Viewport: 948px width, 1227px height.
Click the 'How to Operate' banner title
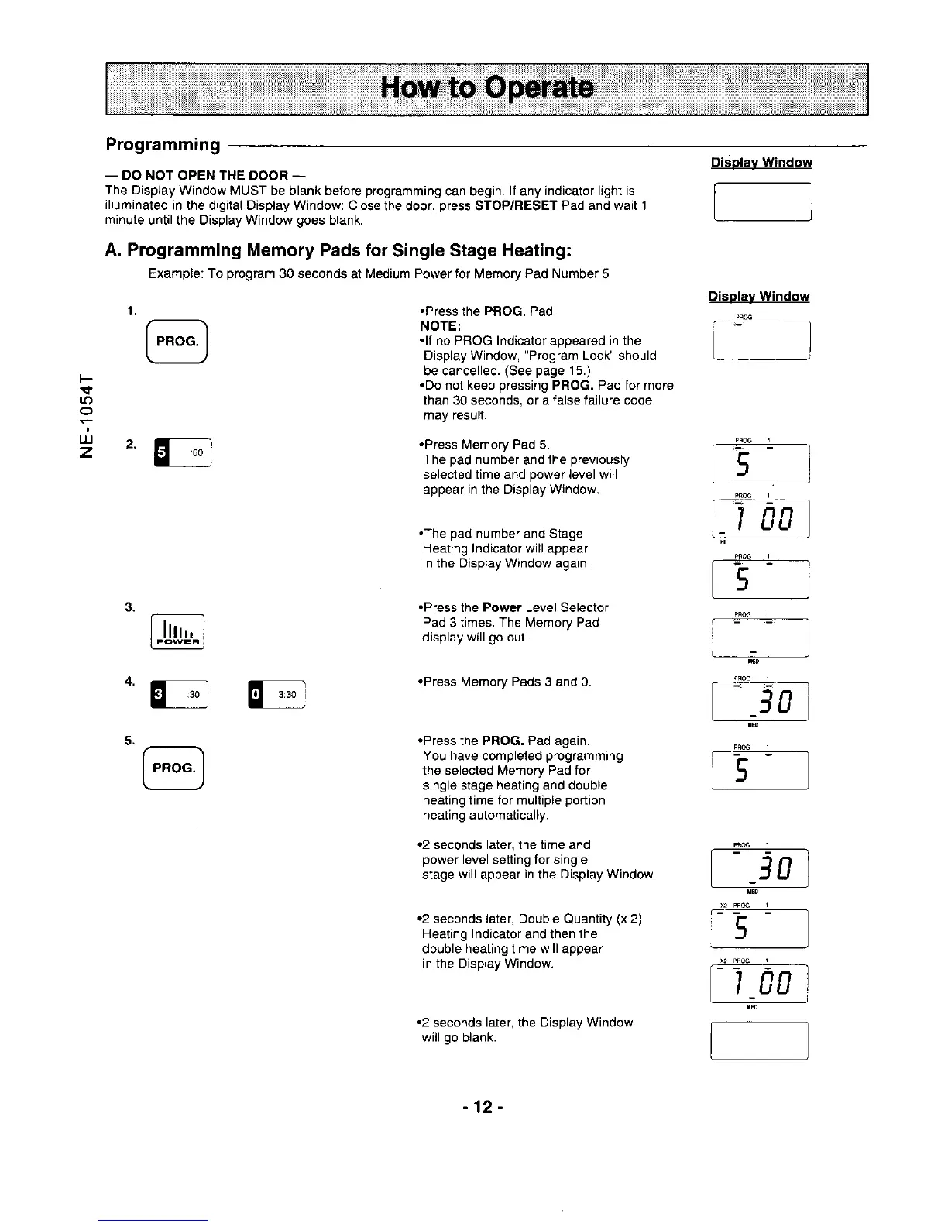487,88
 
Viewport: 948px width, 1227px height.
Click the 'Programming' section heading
163,145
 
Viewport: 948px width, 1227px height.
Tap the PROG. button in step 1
177,341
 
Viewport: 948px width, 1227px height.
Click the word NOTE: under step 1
440,326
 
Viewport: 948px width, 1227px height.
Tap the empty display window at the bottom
759,1040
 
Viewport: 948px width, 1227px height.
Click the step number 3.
130,606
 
